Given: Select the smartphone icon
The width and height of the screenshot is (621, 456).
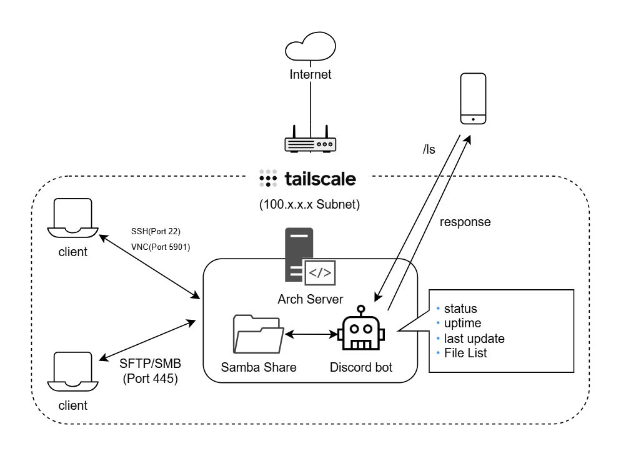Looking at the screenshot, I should [474, 99].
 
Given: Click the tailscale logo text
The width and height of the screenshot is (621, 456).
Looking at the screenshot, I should [320, 180].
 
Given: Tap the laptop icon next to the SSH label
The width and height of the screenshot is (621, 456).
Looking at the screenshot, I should [72, 219].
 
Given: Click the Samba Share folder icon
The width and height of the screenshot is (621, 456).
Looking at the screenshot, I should [257, 334].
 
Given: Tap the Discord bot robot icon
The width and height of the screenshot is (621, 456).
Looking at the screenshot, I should [361, 332].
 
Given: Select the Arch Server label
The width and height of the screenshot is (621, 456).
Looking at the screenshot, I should [310, 299].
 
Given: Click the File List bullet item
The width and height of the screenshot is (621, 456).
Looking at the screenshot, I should [466, 353].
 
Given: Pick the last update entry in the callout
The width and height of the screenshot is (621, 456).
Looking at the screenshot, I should [474, 339].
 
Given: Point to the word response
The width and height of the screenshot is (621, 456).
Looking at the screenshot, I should [465, 222].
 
